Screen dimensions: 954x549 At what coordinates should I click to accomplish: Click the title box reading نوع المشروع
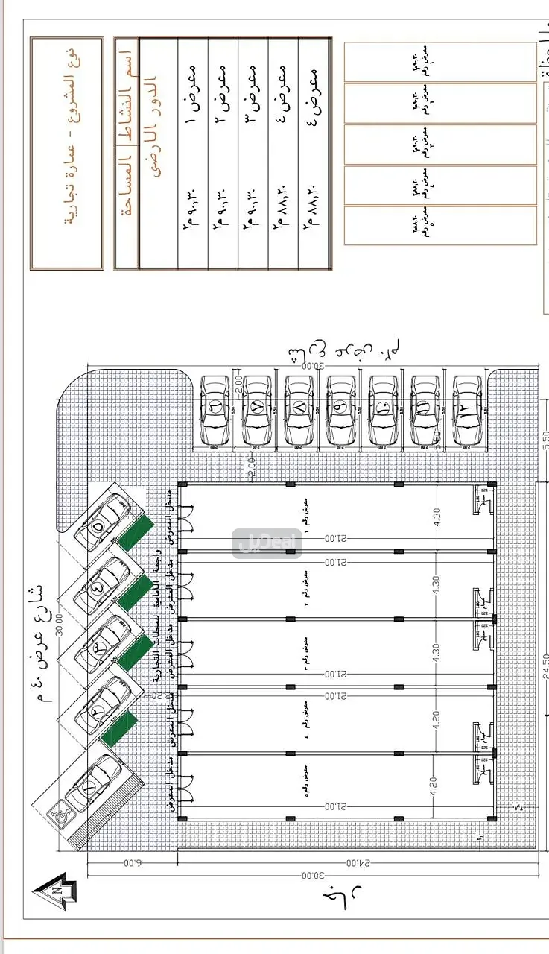pos(68,153)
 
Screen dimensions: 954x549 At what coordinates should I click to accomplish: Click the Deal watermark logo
pos(267,543)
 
